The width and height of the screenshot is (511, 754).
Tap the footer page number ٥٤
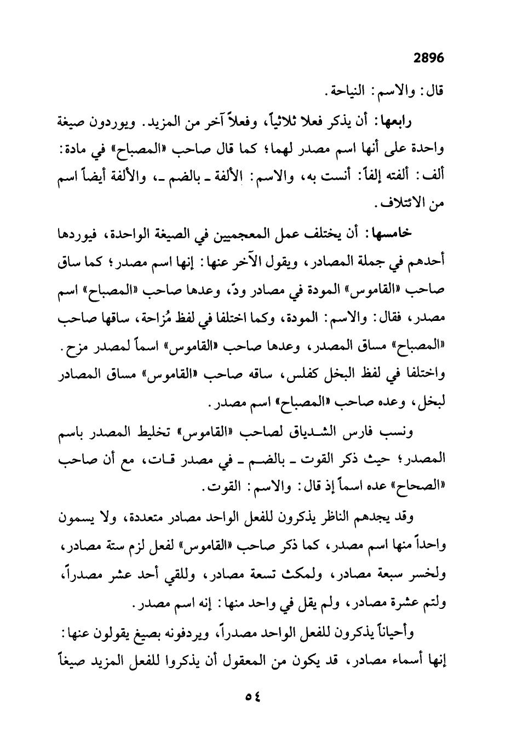(x=252, y=697)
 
